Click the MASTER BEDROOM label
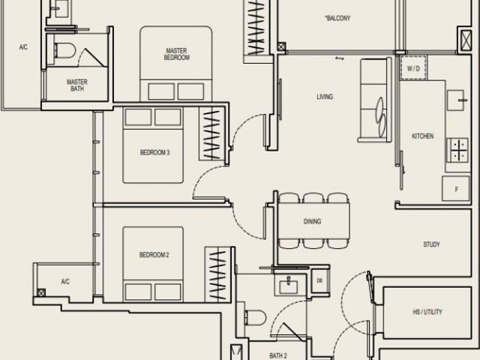click(177, 54)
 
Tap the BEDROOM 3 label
click(155, 153)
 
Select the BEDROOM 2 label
click(154, 255)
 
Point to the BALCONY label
click(337, 19)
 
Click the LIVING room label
click(325, 97)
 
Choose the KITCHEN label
click(422, 136)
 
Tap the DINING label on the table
click(313, 221)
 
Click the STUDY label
click(431, 244)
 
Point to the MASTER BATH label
click(77, 85)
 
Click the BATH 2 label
click(279, 355)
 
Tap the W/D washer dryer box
click(414, 68)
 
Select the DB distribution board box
click(319, 281)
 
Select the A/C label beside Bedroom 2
click(65, 281)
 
